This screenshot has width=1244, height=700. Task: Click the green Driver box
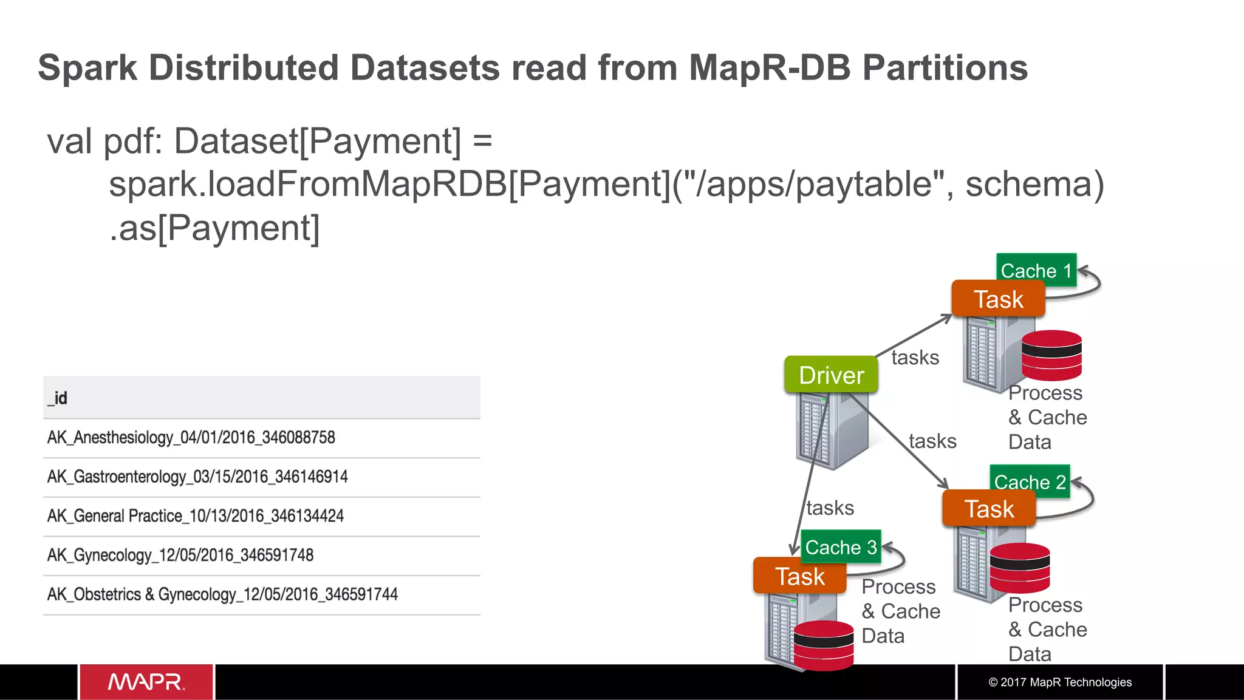pos(831,375)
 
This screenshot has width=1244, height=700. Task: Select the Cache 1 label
pos(1036,270)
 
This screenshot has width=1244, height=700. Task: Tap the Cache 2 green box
pos(1030,481)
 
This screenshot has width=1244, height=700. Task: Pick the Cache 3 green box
pos(841,546)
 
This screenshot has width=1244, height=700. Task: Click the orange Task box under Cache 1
pos(998,299)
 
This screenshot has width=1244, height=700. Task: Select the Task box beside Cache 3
pos(799,576)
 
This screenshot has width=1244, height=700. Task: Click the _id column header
pos(58,398)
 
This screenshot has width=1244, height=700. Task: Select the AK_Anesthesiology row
pos(191,437)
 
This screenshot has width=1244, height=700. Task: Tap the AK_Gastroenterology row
pos(197,477)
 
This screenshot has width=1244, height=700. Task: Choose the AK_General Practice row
pos(196,516)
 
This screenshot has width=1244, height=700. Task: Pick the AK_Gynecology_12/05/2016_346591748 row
pos(180,555)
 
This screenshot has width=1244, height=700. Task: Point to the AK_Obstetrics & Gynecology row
pos(222,594)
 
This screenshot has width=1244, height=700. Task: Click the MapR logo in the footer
pos(146,682)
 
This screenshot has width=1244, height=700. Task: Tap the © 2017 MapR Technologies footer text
pos(1060,682)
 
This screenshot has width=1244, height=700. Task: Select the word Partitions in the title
pos(945,67)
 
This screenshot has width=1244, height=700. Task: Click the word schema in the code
pos(1034,184)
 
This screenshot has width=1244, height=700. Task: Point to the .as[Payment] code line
pos(214,228)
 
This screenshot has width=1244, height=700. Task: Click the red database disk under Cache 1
pos(1051,355)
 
